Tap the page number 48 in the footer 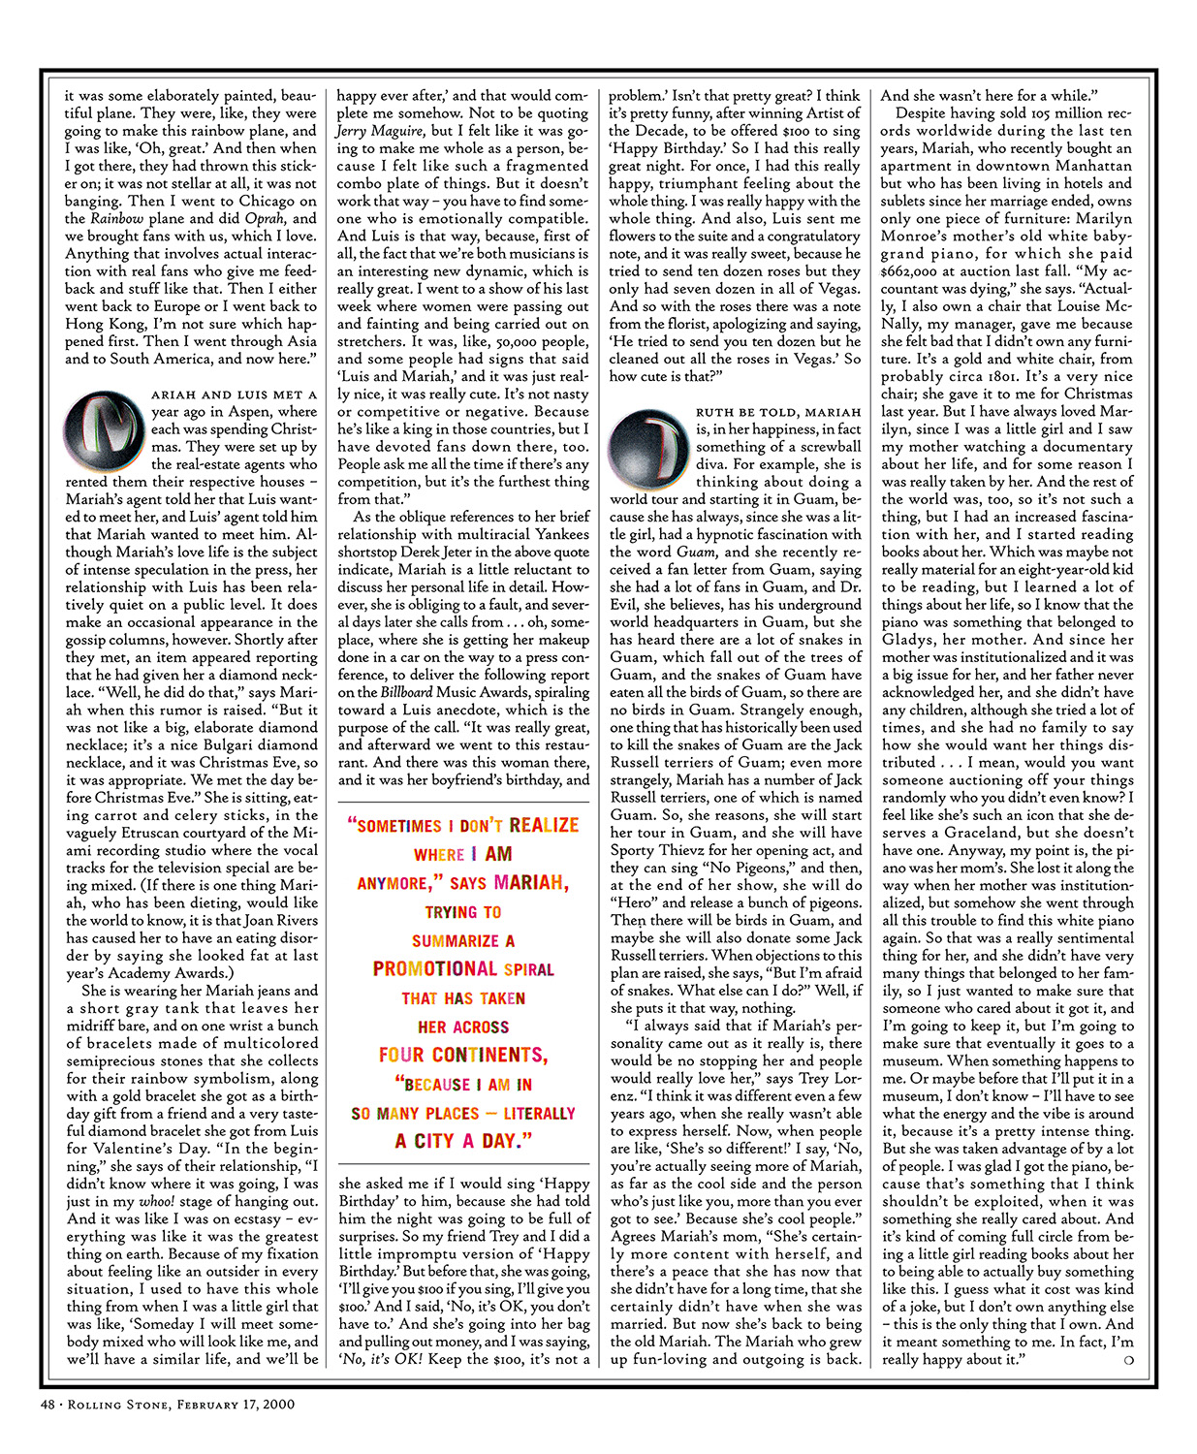pos(48,1404)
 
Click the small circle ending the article pos(1126,1360)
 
